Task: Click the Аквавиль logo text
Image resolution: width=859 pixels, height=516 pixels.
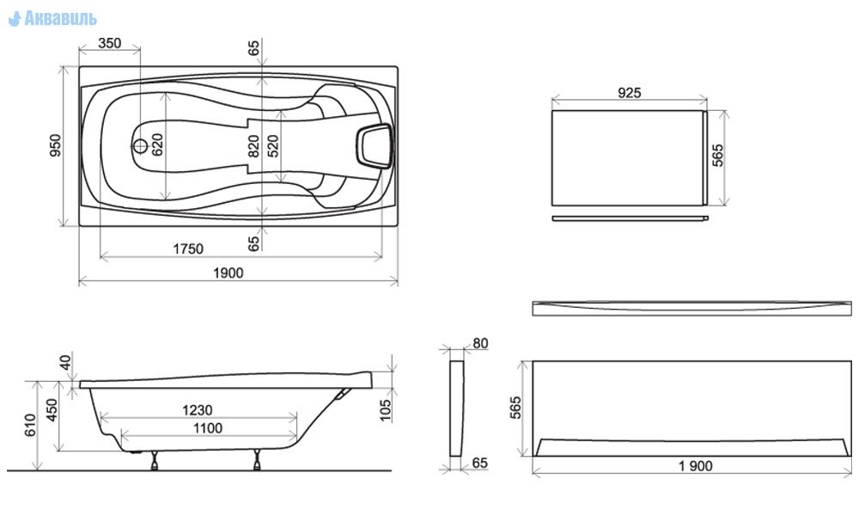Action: (60, 19)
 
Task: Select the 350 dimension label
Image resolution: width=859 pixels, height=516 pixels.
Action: (110, 43)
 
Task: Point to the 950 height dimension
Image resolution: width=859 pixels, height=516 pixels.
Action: (56, 145)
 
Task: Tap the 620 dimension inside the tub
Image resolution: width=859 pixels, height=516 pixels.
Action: (158, 144)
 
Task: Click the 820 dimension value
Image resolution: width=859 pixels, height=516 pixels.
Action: (253, 146)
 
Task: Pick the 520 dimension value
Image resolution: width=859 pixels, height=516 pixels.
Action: (273, 146)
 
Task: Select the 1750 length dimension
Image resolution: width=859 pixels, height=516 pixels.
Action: (188, 249)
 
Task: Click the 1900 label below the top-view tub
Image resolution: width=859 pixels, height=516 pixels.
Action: (228, 273)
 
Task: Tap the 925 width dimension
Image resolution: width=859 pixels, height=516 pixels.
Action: (629, 93)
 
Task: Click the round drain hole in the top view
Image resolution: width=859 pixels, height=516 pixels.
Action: (140, 146)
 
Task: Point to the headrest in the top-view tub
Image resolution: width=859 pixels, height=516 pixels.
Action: (375, 145)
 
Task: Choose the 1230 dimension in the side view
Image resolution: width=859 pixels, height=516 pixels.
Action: (198, 410)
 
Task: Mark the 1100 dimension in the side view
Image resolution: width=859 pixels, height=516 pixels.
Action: (208, 428)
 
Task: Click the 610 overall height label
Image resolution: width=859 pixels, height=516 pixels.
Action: (30, 425)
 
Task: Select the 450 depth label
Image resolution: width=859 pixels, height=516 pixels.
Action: (52, 409)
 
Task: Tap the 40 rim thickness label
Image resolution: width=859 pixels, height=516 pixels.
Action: (65, 362)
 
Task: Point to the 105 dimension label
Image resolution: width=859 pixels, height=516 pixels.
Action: (386, 410)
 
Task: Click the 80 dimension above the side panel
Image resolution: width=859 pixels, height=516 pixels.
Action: (480, 343)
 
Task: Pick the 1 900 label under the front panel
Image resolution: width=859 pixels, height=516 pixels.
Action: (695, 466)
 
